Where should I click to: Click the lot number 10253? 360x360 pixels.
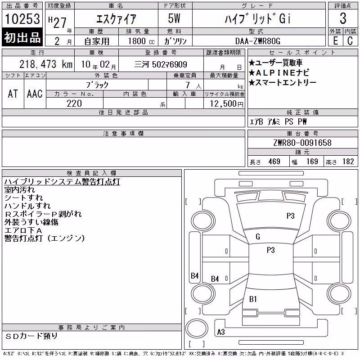coord(22,19)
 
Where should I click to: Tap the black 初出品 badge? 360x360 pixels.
coord(22,37)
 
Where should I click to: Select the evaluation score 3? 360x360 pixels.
coord(343,18)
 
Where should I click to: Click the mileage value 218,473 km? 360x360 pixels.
coord(46,64)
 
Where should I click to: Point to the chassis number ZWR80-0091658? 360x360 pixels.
coord(302,143)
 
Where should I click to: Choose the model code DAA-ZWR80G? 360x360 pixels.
coord(258,41)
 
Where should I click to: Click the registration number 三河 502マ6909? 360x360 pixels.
coord(161,64)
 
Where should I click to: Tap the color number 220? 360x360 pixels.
coord(74,103)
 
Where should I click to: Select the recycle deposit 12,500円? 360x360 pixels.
coord(226,104)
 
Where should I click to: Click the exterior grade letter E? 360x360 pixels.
coord(335,41)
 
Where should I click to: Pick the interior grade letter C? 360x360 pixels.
coord(350,41)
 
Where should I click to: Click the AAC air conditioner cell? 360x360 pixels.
coord(35,94)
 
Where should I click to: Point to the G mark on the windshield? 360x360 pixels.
coord(258,237)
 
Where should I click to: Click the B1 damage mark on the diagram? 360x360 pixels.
coord(253,299)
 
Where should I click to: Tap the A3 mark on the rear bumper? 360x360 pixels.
coord(221,332)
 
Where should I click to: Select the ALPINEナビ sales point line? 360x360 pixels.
coord(279,73)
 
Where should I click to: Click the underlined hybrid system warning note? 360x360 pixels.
coord(62,182)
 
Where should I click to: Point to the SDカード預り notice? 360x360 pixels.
coord(31,336)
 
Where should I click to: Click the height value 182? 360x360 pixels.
coord(348,162)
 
